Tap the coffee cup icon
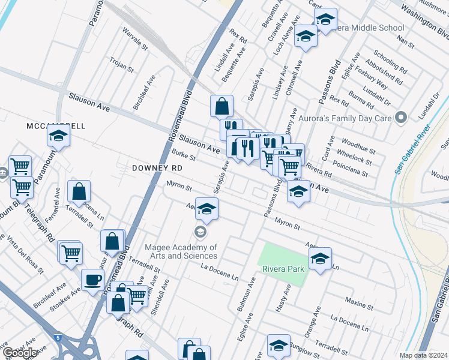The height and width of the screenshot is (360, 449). (x=92, y=280)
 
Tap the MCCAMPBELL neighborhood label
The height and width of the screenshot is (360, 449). (x=56, y=126)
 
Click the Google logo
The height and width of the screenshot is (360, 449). (x=19, y=353)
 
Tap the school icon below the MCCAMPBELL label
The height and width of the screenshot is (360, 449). (x=58, y=137)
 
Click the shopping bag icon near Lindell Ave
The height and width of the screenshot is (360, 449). (x=221, y=106)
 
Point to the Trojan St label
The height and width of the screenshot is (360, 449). (x=121, y=65)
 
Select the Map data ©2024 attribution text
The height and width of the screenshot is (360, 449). (x=423, y=355)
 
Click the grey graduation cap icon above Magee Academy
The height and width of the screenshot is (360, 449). (x=200, y=232)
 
